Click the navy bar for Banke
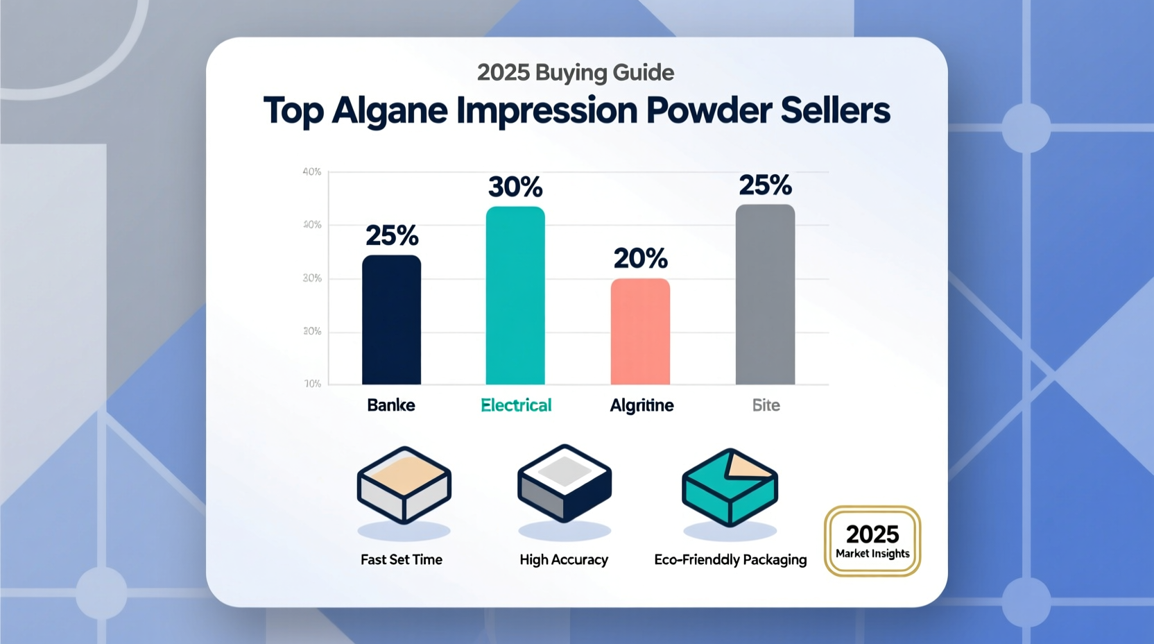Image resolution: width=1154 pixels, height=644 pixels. [x=391, y=320]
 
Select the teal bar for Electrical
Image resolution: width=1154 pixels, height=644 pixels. [x=515, y=296]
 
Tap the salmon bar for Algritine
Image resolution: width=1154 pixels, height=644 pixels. [x=640, y=332]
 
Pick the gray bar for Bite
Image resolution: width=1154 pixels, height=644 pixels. [x=765, y=294]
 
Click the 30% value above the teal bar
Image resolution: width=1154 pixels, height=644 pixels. [x=515, y=187]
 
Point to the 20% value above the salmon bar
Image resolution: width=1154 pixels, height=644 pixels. [x=640, y=259]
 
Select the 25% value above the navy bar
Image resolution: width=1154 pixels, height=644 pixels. [x=392, y=236]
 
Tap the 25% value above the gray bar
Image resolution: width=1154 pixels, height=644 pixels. [x=765, y=185]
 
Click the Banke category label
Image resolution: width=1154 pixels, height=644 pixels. [x=391, y=405]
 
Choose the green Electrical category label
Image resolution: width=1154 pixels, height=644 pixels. [x=516, y=405]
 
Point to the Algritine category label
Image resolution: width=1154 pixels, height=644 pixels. [x=641, y=405]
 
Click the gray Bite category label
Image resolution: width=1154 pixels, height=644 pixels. [x=766, y=405]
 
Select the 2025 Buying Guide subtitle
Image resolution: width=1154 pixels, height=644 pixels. [x=576, y=72]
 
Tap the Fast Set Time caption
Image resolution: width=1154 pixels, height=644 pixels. [x=402, y=559]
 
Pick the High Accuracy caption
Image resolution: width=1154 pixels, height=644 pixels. [x=564, y=559]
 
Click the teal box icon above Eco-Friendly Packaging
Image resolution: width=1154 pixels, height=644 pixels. [x=730, y=487]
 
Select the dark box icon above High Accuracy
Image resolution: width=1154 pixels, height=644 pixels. [x=565, y=484]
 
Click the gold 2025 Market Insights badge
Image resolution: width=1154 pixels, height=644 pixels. [x=872, y=541]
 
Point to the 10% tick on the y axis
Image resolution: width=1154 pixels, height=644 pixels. [x=313, y=384]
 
